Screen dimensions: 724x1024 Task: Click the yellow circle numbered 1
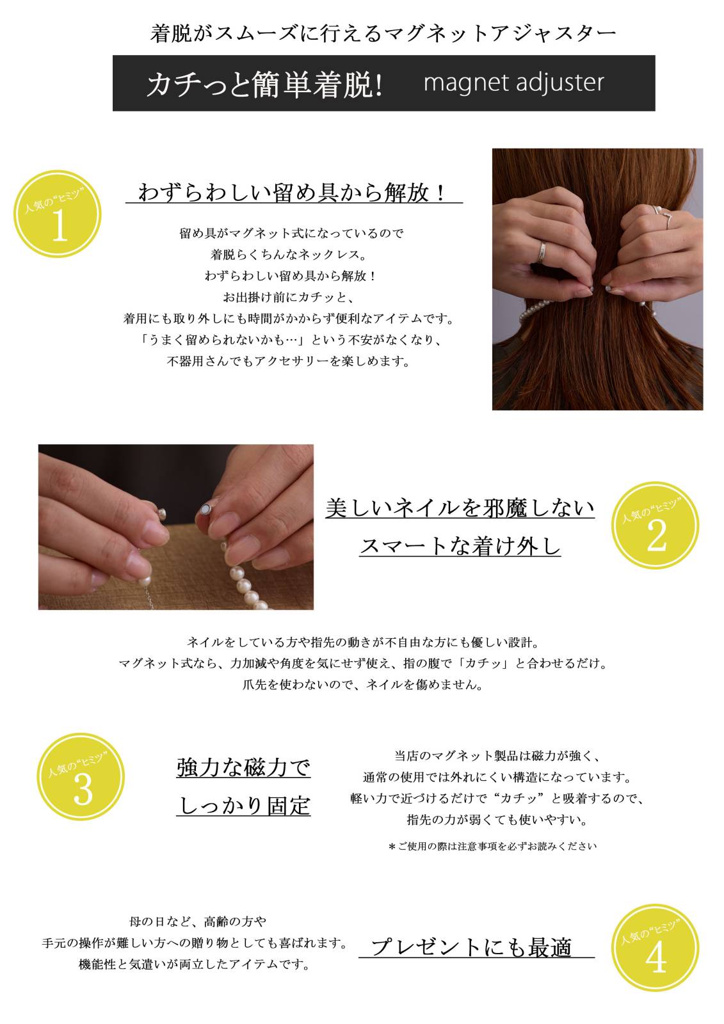coord(57,214)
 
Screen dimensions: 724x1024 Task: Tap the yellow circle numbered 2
coord(655,525)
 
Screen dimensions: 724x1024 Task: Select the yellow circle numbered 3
coord(81,777)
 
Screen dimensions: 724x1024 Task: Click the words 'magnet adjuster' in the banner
coord(513,83)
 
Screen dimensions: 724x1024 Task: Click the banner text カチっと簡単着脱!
coord(264,84)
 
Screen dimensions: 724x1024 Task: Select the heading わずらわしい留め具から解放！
coord(293,192)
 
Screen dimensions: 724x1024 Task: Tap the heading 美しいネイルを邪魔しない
coord(460,508)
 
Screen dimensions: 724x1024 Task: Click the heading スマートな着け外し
coord(460,547)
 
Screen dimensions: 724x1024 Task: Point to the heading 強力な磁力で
coord(243,767)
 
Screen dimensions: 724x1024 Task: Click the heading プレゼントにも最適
coord(471,947)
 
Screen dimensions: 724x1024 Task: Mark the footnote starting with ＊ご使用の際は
coord(492,846)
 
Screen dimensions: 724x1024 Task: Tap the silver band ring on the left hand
coord(542,252)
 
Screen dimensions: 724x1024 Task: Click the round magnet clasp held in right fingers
coord(206,509)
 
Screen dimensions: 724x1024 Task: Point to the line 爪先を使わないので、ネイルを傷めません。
coord(363,684)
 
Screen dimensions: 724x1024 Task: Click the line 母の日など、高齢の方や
coord(198,921)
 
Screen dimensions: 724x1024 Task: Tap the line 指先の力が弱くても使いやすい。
coord(497,820)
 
